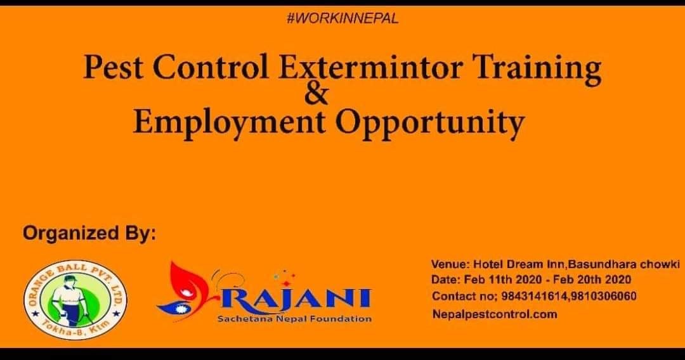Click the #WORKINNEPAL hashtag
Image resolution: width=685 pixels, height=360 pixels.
point(343,19)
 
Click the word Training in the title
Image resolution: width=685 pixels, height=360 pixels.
point(538,70)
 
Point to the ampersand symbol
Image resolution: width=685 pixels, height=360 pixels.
point(316,93)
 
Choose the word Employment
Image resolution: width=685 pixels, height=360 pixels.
point(229,124)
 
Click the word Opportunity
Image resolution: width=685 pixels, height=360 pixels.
point(430,124)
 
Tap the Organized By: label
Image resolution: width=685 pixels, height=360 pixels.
point(89,233)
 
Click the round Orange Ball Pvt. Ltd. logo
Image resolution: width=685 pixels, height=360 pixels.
point(75,300)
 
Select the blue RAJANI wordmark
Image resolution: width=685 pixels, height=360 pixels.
point(297,299)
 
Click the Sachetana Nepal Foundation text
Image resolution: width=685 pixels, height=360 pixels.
point(294,319)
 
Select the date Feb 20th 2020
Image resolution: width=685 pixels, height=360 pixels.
point(592,280)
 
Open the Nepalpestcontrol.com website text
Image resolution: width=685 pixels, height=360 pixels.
point(495,314)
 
